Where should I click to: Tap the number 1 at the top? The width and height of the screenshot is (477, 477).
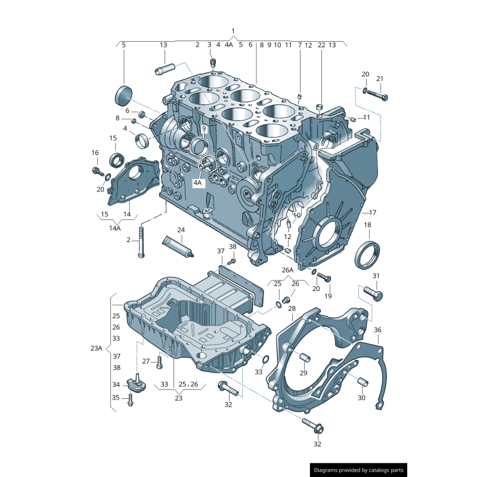[233, 31]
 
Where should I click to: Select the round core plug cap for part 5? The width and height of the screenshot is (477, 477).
[123, 94]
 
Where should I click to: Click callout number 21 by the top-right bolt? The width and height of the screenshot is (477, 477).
[380, 79]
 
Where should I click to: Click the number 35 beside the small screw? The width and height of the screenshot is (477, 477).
[116, 397]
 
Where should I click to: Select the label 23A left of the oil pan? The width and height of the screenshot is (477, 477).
[97, 348]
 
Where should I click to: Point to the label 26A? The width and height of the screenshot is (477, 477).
[287, 270]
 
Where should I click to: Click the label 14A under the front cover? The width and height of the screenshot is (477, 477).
[114, 227]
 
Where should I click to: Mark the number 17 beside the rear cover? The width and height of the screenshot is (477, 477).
[373, 212]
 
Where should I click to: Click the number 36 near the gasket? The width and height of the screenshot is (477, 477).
[377, 330]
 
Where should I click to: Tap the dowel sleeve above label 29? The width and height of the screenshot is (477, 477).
[304, 358]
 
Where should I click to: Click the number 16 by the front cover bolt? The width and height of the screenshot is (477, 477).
[95, 153]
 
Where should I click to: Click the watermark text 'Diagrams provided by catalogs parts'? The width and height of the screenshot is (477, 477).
[359, 470]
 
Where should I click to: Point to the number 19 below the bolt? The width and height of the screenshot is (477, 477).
[327, 296]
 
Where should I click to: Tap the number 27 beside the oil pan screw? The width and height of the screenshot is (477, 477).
[146, 361]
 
